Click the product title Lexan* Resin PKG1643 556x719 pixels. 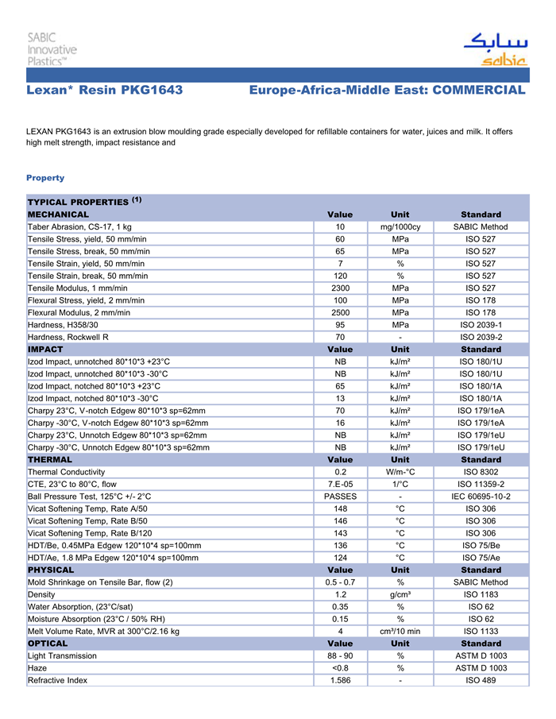(x=105, y=91)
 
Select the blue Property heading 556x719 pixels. (x=45, y=177)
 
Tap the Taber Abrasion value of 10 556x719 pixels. (x=340, y=227)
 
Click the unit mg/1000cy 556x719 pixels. (x=400, y=227)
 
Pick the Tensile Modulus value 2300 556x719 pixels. (x=340, y=288)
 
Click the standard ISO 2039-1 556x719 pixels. (x=481, y=324)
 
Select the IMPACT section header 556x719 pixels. (x=45, y=349)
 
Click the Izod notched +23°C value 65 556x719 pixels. (x=340, y=385)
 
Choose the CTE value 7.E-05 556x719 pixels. (x=340, y=484)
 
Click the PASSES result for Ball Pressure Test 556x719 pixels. (x=340, y=497)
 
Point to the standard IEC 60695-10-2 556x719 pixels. (x=481, y=497)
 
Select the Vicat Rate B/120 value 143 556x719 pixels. (x=340, y=533)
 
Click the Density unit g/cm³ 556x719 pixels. (x=400, y=594)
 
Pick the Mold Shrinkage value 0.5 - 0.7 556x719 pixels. (x=340, y=582)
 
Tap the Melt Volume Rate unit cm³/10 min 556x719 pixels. (x=400, y=632)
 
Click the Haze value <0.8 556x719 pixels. (x=340, y=668)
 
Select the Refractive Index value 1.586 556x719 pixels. (x=340, y=680)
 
